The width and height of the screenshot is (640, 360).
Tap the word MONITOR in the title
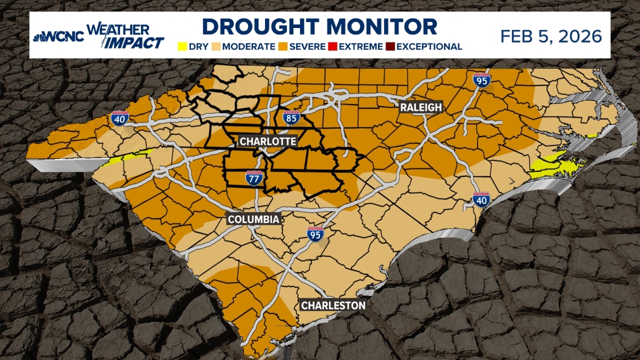click(x=382, y=27)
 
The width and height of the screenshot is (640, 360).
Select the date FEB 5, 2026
click(x=551, y=37)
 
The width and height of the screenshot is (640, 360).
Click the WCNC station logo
click(x=58, y=37)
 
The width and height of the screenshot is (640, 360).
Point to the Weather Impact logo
click(x=126, y=36)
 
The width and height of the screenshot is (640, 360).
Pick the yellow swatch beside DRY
click(x=182, y=47)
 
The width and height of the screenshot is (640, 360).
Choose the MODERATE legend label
click(x=249, y=47)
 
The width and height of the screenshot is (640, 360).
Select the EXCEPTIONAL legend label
click(x=429, y=47)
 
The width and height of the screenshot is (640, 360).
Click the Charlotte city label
click(x=267, y=141)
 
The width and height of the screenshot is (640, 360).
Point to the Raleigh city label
click(x=421, y=107)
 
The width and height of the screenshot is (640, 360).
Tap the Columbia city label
click(x=253, y=219)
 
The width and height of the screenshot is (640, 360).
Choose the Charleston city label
click(x=333, y=306)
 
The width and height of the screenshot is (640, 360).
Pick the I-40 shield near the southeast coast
click(x=482, y=199)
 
